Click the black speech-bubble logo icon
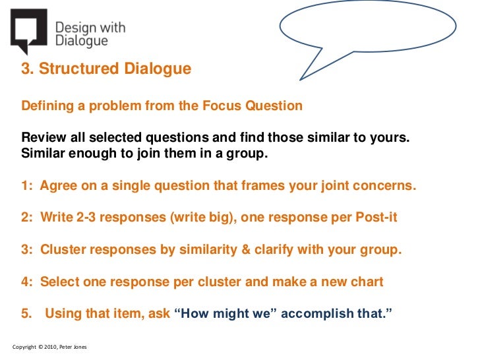tap(28, 30)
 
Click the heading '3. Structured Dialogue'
tap(106, 69)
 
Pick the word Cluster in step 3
tap(61, 250)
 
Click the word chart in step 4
tap(367, 282)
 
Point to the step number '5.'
tap(26, 313)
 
